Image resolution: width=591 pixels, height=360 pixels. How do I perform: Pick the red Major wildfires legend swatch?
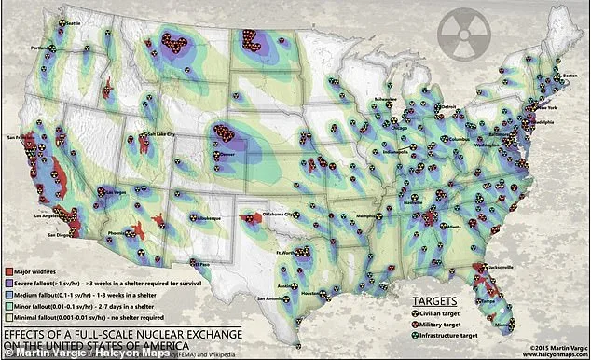coord(7,270)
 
